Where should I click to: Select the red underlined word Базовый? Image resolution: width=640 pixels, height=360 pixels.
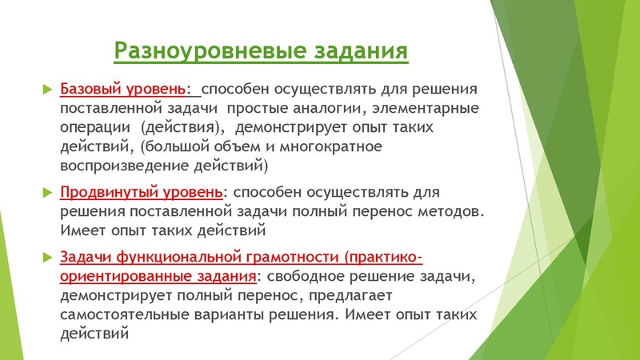pos(90,86)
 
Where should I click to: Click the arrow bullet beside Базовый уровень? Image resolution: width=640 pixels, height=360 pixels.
pos(46,86)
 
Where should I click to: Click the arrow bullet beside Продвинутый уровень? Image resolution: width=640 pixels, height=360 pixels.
pos(46,193)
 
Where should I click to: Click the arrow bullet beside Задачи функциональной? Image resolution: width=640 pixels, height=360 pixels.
pos(46,258)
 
